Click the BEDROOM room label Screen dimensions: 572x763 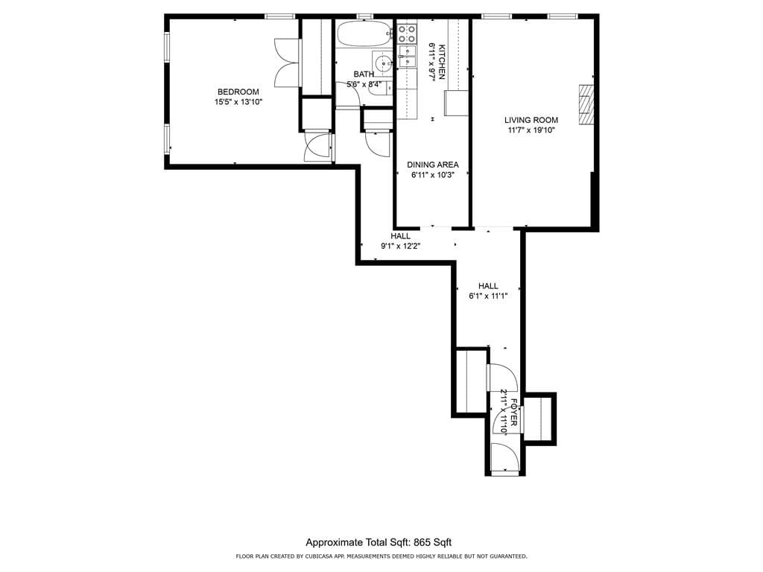(238, 92)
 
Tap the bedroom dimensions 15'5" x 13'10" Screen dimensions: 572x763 (238, 102)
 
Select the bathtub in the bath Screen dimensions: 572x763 (363, 34)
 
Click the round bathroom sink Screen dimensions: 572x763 (384, 63)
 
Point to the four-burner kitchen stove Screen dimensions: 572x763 (407, 33)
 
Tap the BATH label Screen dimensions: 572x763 (364, 74)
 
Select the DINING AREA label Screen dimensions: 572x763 (433, 165)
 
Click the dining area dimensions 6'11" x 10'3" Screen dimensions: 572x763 (433, 176)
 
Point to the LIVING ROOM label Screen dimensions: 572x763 (531, 120)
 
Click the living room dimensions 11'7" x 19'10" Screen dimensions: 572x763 (531, 130)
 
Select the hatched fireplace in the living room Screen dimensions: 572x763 (587, 104)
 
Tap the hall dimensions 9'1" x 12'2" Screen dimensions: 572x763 (401, 247)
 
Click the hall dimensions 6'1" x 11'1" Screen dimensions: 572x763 (488, 296)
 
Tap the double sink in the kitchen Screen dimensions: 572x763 (407, 57)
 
